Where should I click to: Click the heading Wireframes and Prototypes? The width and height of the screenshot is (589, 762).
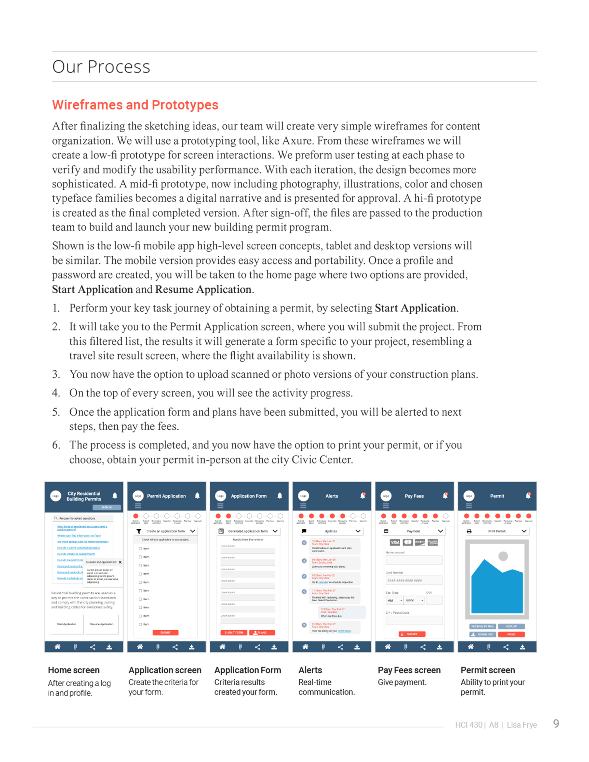point(135,105)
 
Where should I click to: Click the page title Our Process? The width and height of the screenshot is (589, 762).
point(101,67)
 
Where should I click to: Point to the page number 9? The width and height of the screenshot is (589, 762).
point(556,723)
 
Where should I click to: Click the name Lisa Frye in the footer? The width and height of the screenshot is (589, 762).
point(522,725)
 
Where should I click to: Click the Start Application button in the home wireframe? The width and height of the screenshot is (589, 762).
point(67,624)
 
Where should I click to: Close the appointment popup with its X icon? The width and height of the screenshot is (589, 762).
point(120,562)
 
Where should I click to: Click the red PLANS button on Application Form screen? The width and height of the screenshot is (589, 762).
point(262,632)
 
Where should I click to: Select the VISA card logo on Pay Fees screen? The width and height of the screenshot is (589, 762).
point(395,542)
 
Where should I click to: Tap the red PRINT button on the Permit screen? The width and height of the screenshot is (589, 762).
point(511,634)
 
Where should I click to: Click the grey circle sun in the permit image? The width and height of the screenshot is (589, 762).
point(503,556)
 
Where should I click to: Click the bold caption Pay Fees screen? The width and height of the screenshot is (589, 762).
point(409,670)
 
